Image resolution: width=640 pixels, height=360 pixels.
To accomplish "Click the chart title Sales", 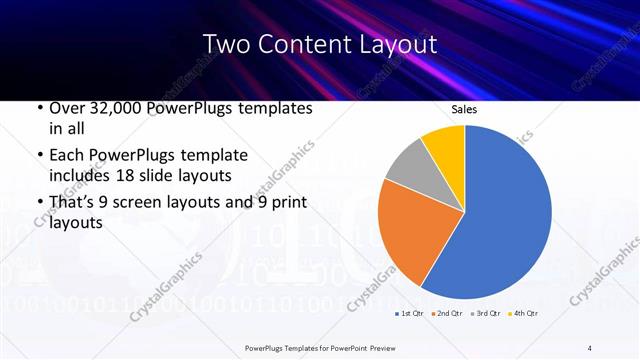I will [x=464, y=108].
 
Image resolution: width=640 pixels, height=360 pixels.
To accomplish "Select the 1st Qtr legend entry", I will [x=409, y=313].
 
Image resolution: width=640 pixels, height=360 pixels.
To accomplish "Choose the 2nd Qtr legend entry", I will [x=446, y=313].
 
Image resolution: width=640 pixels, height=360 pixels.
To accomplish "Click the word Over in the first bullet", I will [x=66, y=108].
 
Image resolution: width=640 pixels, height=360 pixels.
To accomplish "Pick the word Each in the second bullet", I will [x=66, y=155].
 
